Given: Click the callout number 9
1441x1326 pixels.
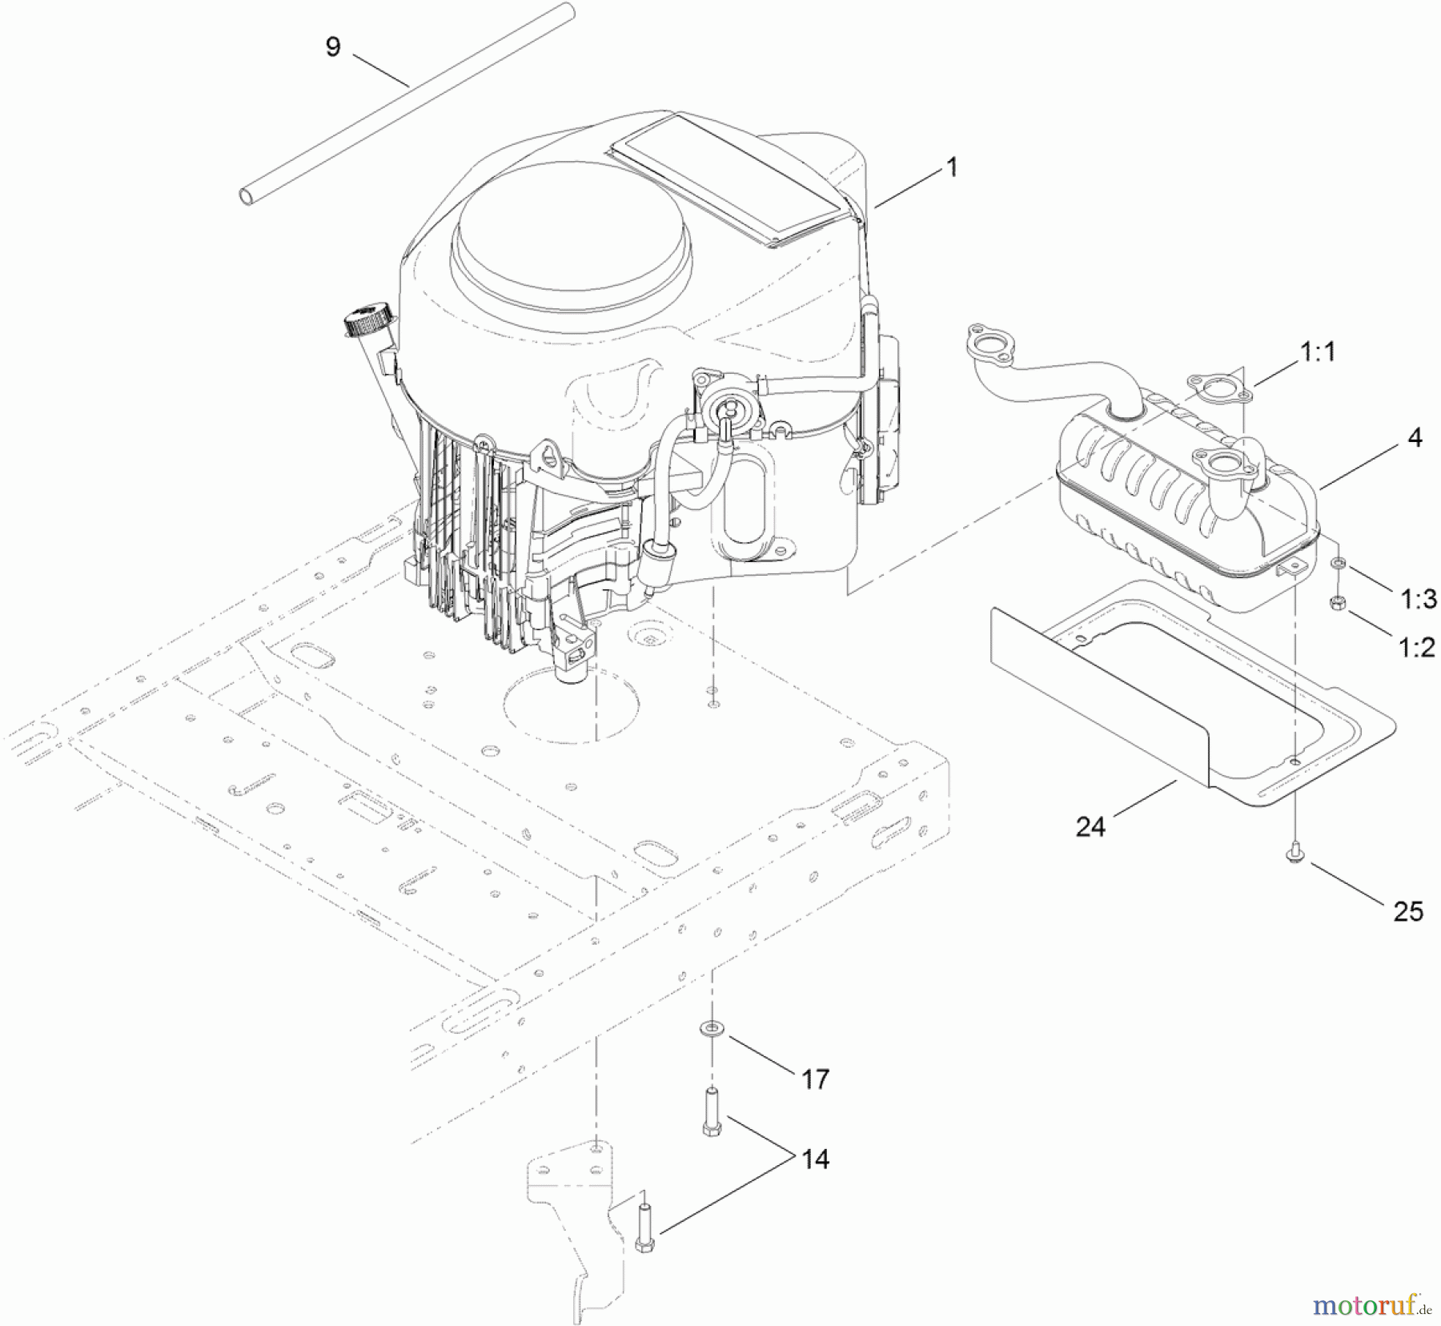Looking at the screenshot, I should point(333,47).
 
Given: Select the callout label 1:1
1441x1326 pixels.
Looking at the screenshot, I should point(1318,352).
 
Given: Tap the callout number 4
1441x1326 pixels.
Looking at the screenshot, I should point(1415,438).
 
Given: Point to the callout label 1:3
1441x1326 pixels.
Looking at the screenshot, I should point(1419,598).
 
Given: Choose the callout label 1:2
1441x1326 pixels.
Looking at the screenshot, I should point(1417,646).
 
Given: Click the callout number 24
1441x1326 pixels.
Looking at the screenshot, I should point(1090,826).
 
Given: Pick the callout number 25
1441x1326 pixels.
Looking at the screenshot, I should point(1408,911).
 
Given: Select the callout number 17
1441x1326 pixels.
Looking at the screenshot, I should point(815,1079).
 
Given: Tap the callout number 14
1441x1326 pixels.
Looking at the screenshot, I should point(815,1159).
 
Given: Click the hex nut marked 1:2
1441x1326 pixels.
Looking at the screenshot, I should point(1336,603).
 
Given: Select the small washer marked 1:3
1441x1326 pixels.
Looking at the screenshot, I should point(1337,565).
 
